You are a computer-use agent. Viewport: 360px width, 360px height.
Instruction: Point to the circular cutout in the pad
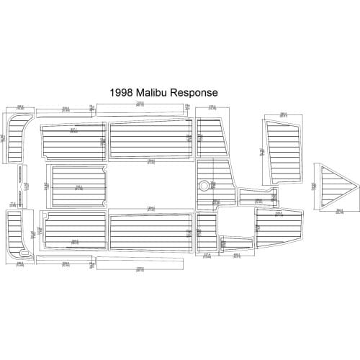point(207,185)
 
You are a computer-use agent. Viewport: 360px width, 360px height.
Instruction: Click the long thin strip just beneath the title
point(140,109)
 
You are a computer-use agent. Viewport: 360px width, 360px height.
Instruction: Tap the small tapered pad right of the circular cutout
point(256,198)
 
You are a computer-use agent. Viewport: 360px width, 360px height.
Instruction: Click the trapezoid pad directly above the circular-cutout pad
point(212,140)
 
